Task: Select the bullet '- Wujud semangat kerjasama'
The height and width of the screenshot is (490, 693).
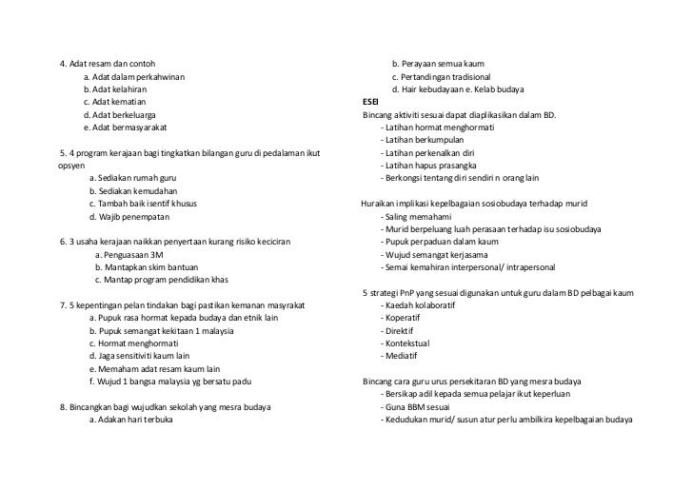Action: pyautogui.click(x=438, y=255)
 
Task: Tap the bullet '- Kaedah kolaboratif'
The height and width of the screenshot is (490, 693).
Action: pyautogui.click(x=419, y=306)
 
